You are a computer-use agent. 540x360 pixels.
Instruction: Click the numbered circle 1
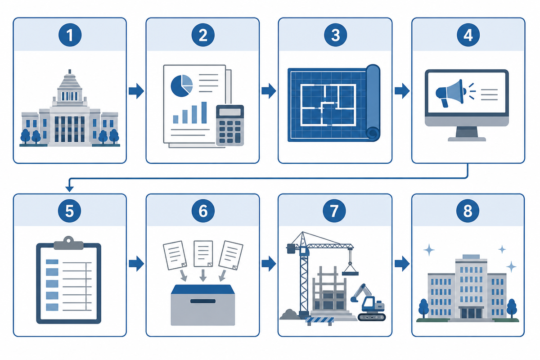coord(70,35)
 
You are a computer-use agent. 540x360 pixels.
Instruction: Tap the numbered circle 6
coord(203,211)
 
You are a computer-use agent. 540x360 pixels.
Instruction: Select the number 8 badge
coord(468,211)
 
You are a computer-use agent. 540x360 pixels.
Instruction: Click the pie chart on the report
coord(182,85)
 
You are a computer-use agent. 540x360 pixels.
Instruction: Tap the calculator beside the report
coord(230,126)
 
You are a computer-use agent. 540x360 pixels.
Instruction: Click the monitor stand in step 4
coord(467,134)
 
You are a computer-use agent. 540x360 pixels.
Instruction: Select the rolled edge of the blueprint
coord(373,103)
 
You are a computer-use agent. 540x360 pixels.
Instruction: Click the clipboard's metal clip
coord(69,243)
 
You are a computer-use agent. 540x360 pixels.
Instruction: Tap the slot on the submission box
coord(203,301)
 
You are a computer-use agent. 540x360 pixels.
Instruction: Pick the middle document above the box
coord(203,253)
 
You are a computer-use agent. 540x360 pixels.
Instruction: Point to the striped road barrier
coord(319,321)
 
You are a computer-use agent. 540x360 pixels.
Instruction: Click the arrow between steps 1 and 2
coord(136,91)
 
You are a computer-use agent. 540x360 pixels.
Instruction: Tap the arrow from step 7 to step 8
coord(402,264)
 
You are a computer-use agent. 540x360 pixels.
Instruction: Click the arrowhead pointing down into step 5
coord(69,189)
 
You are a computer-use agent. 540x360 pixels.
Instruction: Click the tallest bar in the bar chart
coord(204,112)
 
